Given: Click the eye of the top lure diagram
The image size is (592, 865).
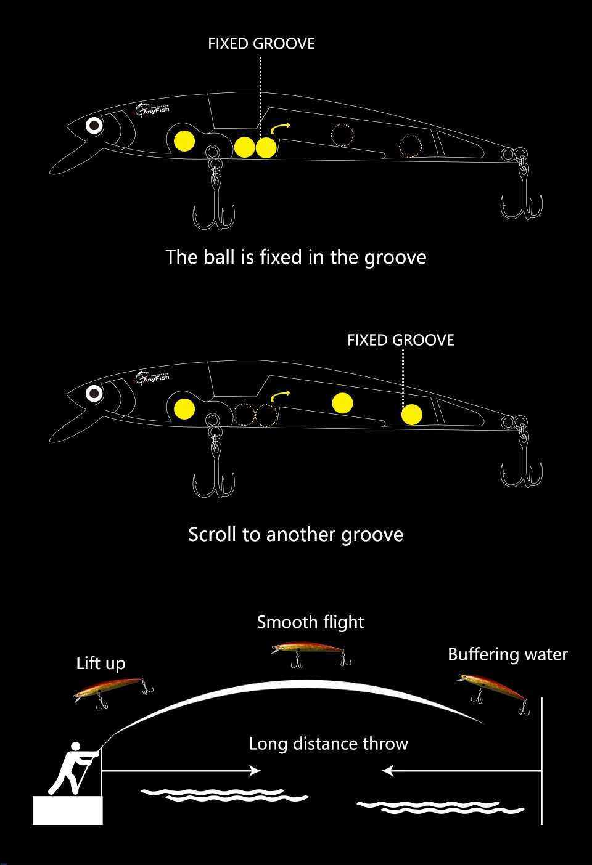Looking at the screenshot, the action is [94, 126].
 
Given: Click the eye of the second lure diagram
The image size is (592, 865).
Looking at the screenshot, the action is [94, 394].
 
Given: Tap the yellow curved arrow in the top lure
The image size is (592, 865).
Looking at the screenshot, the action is [280, 128].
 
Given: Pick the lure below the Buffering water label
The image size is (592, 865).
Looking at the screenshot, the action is [493, 693].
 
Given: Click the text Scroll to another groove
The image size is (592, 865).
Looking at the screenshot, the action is [295, 535].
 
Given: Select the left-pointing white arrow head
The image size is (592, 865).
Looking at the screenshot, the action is [387, 771].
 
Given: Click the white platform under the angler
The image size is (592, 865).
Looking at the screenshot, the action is [68, 810].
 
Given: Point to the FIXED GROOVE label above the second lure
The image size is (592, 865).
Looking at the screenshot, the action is [401, 340].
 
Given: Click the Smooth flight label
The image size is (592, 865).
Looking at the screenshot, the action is [310, 622].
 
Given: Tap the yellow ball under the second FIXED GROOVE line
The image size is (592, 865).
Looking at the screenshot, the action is [411, 415].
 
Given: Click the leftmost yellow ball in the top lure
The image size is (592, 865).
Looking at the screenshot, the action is [184, 140].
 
